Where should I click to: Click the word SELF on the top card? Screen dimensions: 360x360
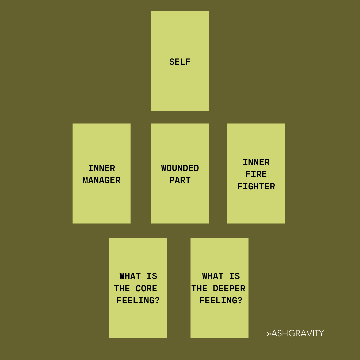click(x=180, y=62)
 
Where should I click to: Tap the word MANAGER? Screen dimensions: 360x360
click(x=101, y=180)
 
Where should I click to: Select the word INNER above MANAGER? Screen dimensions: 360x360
click(x=101, y=168)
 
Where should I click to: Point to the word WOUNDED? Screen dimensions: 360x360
click(x=180, y=168)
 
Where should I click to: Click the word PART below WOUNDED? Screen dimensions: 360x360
click(x=180, y=180)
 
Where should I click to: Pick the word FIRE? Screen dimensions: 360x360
click(x=256, y=174)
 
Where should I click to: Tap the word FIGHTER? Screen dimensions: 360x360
click(x=256, y=186)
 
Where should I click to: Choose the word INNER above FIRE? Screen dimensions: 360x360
click(x=256, y=162)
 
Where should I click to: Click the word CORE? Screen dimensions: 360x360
click(x=146, y=288)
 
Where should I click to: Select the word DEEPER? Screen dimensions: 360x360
click(x=229, y=288)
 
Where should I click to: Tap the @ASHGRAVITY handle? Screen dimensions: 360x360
click(x=295, y=333)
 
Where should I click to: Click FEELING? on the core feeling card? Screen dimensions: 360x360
click(x=138, y=300)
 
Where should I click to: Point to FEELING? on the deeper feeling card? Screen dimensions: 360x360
click(x=221, y=300)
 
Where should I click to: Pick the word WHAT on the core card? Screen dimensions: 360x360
click(x=130, y=276)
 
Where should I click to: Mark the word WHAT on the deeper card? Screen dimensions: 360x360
click(x=213, y=276)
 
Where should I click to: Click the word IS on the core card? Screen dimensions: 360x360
click(x=152, y=276)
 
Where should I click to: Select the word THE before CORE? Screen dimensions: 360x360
click(x=122, y=288)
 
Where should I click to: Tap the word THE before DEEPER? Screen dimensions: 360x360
click(x=199, y=288)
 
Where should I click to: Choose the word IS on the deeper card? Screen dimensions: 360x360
click(x=235, y=276)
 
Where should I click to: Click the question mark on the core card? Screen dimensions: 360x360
click(x=157, y=300)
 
